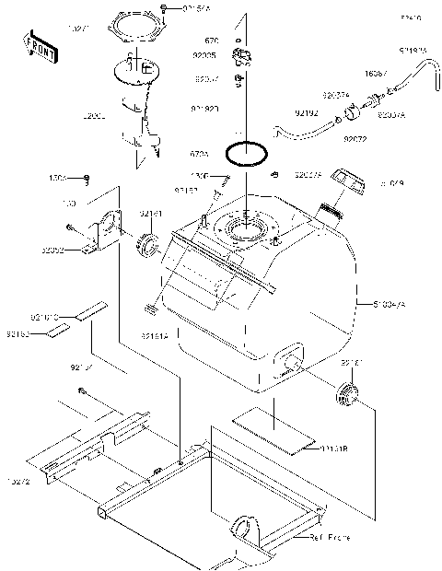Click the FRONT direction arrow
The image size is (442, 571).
tap(37, 46)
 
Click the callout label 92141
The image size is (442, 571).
tap(151, 215)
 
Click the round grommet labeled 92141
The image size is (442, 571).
tap(148, 246)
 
